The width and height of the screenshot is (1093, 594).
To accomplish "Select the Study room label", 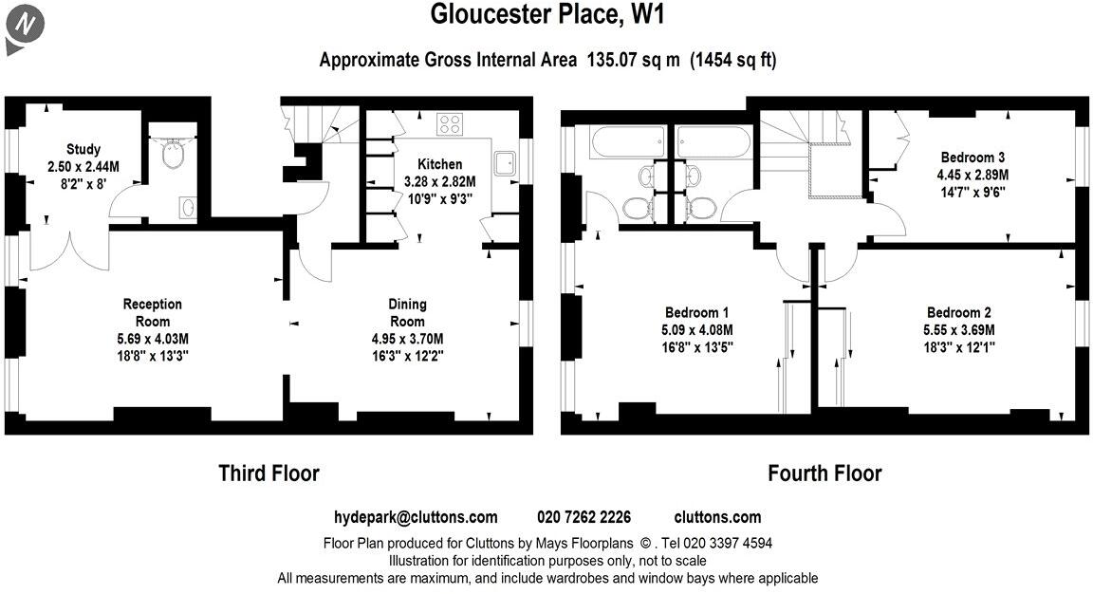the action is pyautogui.click(x=83, y=149).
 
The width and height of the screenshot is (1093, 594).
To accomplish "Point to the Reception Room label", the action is pyautogui.click(x=152, y=312).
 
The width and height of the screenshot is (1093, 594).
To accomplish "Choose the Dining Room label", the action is pyautogui.click(x=407, y=312).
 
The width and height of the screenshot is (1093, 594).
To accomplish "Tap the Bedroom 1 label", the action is pyautogui.click(x=696, y=312).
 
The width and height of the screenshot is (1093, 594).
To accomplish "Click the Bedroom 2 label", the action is pyautogui.click(x=958, y=312).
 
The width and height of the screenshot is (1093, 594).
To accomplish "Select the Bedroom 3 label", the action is pyautogui.click(x=973, y=158).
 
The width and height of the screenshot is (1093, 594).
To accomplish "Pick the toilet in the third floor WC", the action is pyautogui.click(x=173, y=155).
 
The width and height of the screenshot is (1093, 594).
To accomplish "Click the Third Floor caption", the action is pyautogui.click(x=269, y=473).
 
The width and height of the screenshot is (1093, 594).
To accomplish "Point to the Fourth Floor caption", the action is pyautogui.click(x=824, y=473).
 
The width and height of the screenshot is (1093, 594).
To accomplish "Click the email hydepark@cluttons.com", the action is pyautogui.click(x=416, y=517).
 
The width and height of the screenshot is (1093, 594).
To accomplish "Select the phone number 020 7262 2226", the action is pyautogui.click(x=584, y=517).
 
